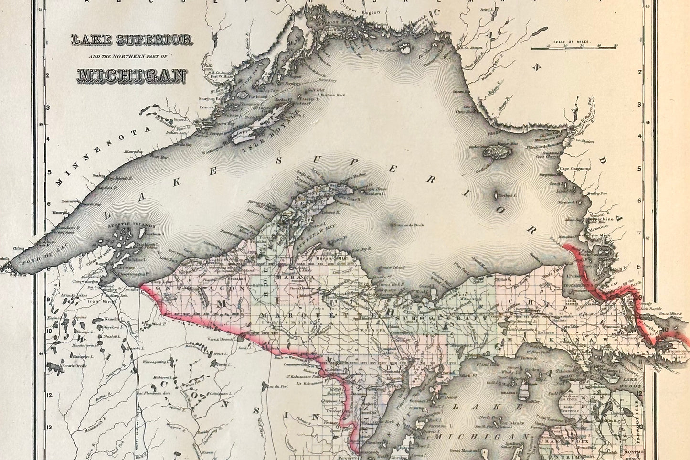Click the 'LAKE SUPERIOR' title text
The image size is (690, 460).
tap(131, 40)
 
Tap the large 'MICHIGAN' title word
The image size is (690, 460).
tap(131, 75)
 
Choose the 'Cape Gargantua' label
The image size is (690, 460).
tap(575, 168)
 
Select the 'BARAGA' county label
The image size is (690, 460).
tap(293, 278)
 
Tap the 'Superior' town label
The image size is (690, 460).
tap(16, 275)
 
